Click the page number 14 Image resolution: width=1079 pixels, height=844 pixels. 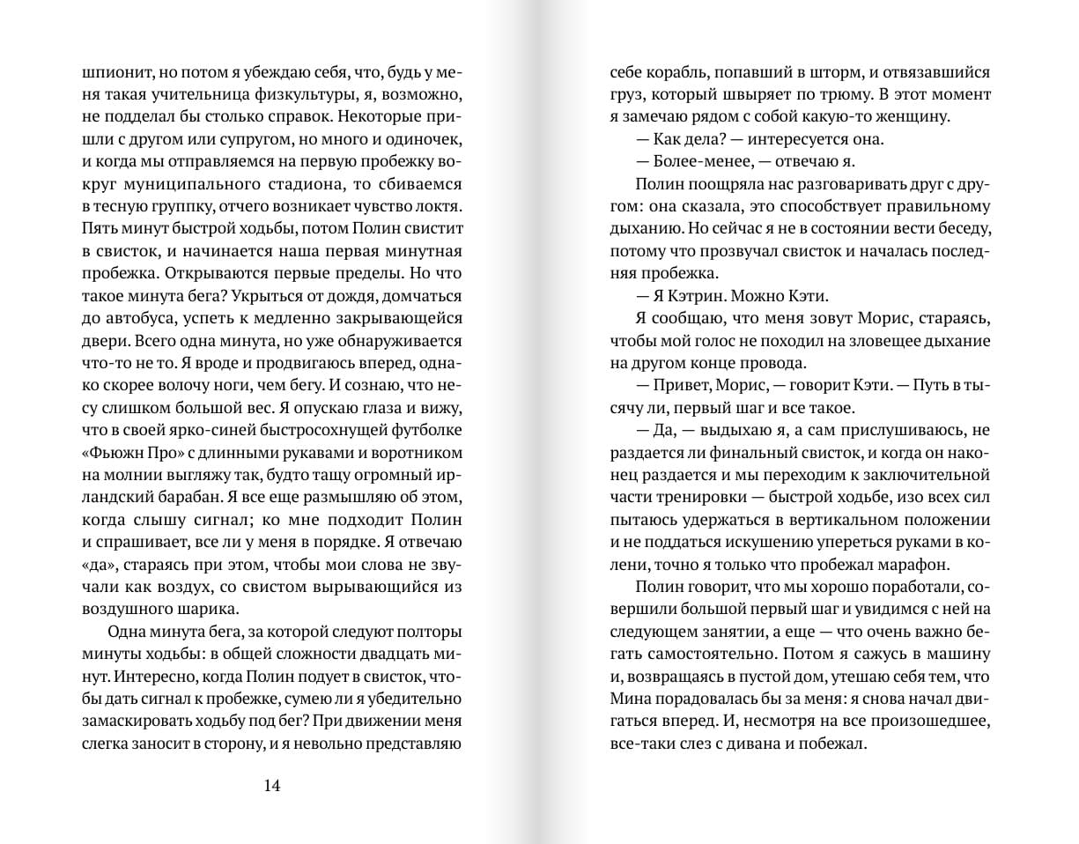tap(271, 786)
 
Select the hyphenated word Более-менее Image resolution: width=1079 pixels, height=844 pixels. tap(704, 160)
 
